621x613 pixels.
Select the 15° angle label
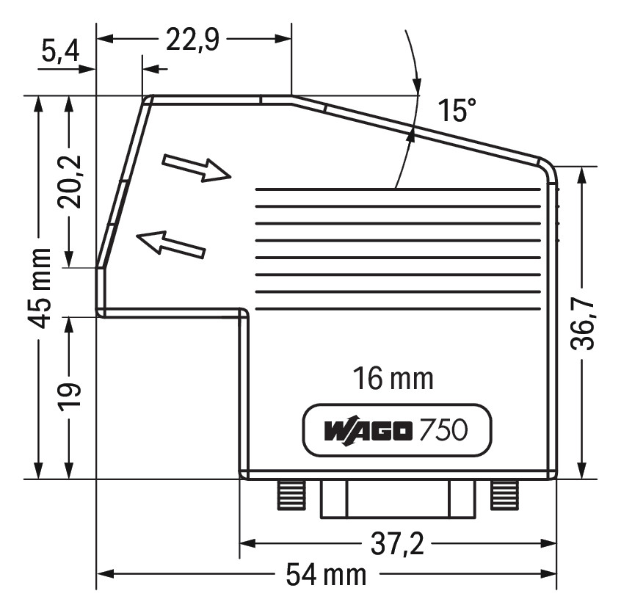[x=457, y=112]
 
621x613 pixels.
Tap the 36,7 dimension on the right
[x=584, y=322]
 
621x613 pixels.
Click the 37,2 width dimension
[x=396, y=544]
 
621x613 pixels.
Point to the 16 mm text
[x=393, y=379]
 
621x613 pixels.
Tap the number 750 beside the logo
[x=443, y=430]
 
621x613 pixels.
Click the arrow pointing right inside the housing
[x=196, y=168]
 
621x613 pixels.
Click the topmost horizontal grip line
[x=397, y=189]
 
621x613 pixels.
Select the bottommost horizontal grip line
[x=397, y=309]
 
